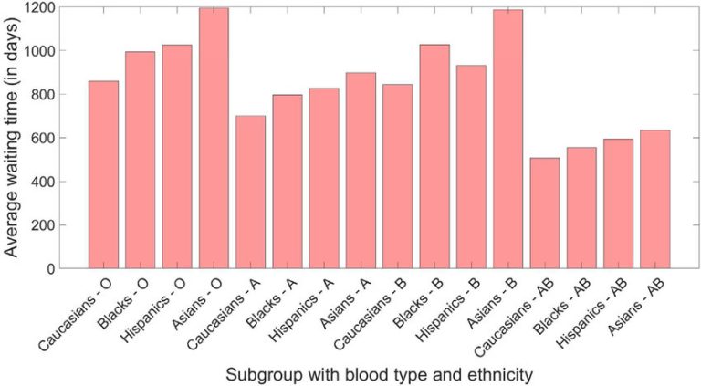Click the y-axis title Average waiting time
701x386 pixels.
pos(15,137)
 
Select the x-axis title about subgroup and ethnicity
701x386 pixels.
pos(381,373)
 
